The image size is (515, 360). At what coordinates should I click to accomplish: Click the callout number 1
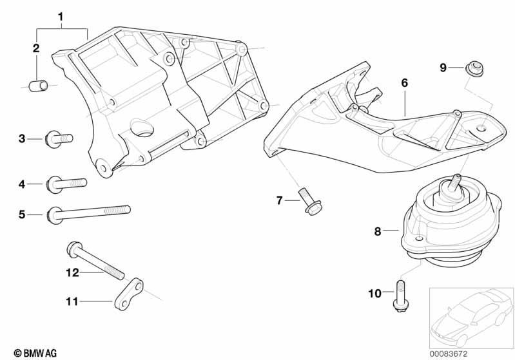tap(61, 17)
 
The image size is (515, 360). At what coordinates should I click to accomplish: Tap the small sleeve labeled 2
tap(39, 85)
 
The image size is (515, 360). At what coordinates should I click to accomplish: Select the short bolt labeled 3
tap(59, 138)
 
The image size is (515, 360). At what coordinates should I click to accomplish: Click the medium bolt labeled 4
tap(67, 184)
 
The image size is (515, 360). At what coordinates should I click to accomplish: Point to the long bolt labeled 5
tap(89, 214)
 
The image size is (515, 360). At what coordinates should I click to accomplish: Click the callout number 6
tap(405, 82)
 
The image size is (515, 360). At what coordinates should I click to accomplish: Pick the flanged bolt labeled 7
tap(310, 201)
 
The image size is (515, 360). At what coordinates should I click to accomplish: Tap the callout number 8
tap(378, 231)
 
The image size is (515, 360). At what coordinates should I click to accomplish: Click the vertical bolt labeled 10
tap(401, 296)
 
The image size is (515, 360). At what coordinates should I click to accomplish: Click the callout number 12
tap(72, 272)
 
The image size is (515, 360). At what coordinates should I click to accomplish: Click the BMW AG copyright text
tap(35, 353)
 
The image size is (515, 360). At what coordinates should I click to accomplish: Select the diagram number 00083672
tap(449, 354)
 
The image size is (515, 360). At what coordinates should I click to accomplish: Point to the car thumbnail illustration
tap(472, 317)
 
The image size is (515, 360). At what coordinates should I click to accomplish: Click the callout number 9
tap(443, 68)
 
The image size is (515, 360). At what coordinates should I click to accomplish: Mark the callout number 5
tap(22, 214)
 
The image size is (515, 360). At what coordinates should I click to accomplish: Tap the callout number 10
tap(374, 294)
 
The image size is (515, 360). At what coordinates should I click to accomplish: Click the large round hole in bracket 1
tap(142, 128)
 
